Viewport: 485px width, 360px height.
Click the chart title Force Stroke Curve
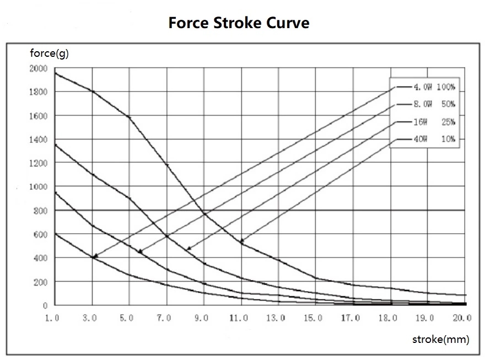(239, 24)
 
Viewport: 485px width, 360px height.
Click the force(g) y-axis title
(49, 54)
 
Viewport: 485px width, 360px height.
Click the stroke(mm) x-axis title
(440, 340)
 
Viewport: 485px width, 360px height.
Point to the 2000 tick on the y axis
(39, 68)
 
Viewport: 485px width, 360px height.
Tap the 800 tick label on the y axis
(41, 211)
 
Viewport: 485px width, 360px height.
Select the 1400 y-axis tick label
(39, 139)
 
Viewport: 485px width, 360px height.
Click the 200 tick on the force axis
(41, 282)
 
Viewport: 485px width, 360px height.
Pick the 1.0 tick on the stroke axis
(53, 318)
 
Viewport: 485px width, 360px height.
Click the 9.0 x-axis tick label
(202, 318)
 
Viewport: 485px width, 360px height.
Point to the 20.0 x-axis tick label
(462, 318)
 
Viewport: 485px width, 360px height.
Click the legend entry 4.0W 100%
(434, 87)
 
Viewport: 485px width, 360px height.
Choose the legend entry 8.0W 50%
(434, 104)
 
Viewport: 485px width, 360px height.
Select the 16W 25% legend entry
(434, 122)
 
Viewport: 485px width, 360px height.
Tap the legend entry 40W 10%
(434, 139)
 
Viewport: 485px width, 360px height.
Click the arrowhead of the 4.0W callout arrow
(94, 257)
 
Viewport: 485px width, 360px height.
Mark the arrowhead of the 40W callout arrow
(241, 242)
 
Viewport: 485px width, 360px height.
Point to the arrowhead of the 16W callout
(188, 249)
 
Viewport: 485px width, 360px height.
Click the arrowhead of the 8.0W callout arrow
(139, 252)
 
